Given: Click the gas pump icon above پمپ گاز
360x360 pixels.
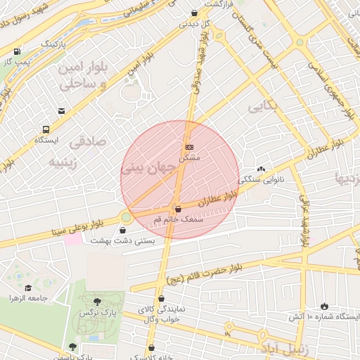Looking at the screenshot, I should (16, 51).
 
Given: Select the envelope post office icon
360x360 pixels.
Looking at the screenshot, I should (61, 111).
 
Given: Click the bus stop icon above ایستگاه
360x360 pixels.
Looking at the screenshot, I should (46, 129).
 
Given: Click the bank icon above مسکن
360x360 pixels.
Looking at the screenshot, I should (188, 147).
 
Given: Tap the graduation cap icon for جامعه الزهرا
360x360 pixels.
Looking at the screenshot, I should (28, 288).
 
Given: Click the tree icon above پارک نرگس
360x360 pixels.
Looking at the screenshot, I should (97, 301).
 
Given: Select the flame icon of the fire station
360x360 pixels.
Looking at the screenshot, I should (323, 306).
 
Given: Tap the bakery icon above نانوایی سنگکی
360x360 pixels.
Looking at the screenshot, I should (262, 169).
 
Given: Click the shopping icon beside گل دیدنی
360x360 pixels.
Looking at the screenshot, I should (194, 13).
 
